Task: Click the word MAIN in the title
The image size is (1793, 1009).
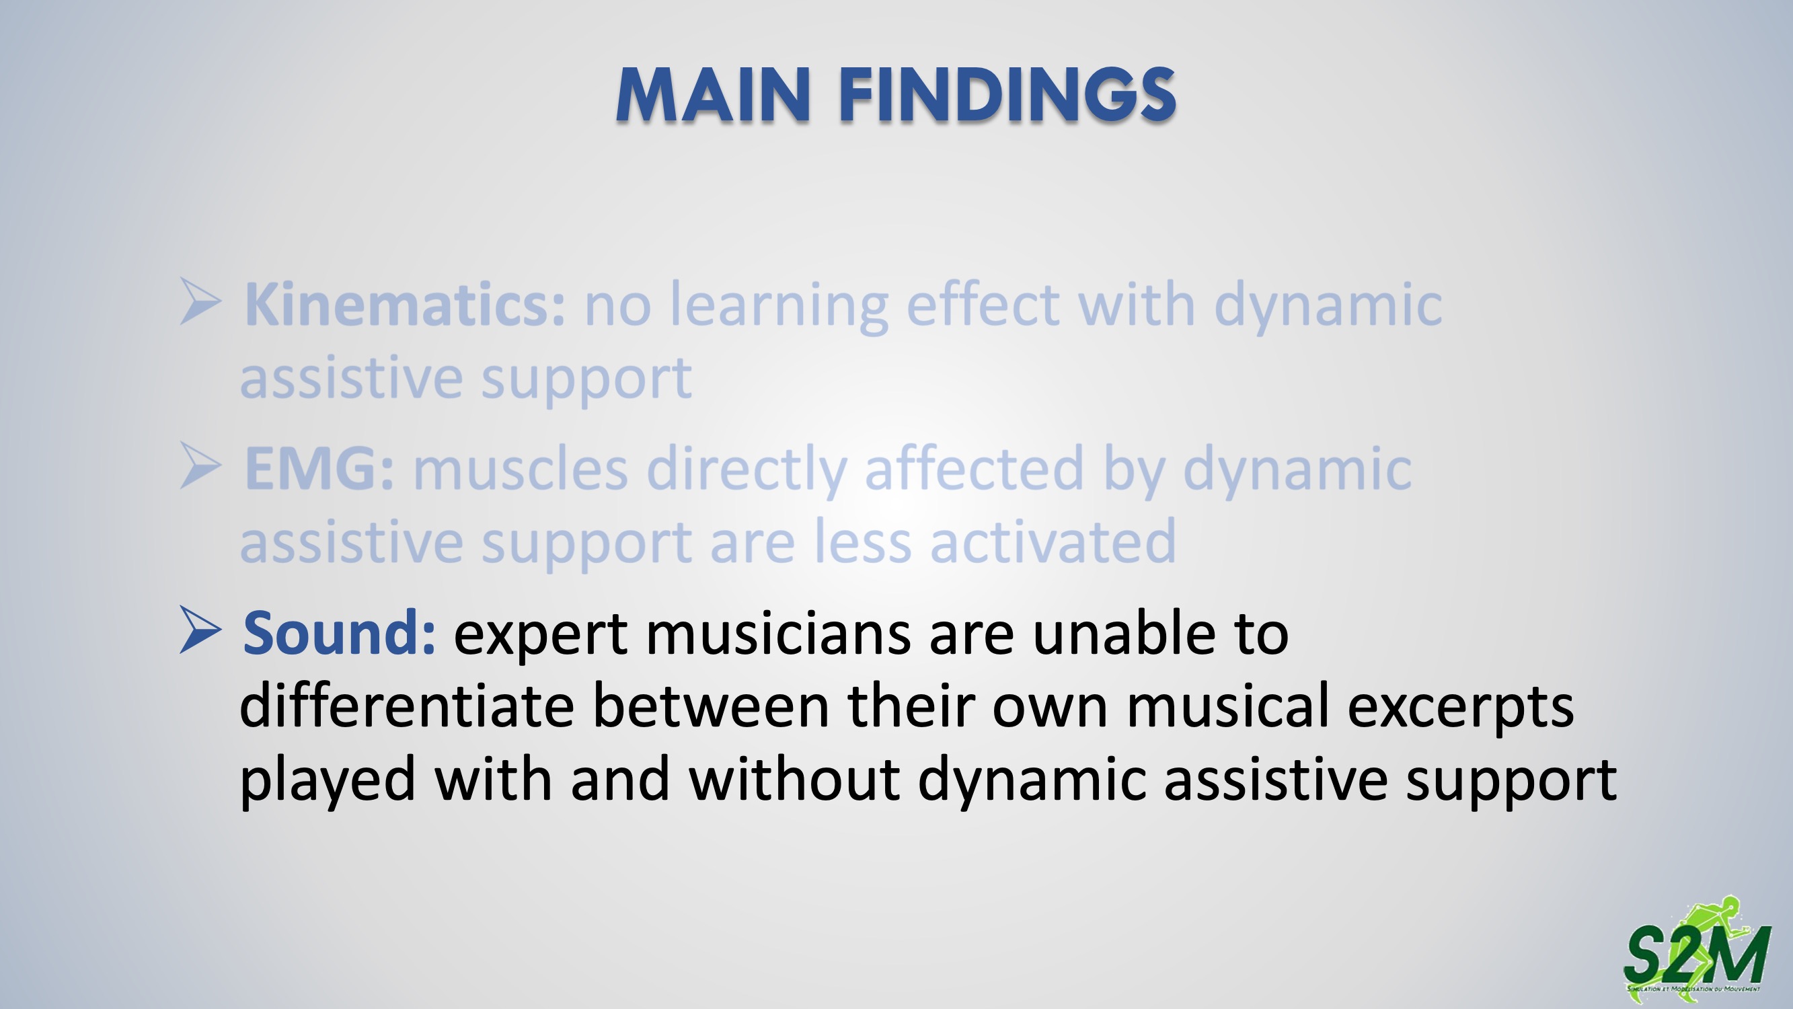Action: pyautogui.click(x=714, y=96)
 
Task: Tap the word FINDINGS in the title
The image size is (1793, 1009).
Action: pyautogui.click(x=1008, y=96)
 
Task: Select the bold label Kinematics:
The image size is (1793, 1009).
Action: pyautogui.click(x=404, y=304)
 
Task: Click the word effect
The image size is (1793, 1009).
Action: pyautogui.click(x=983, y=304)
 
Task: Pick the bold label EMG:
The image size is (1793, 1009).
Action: pyautogui.click(x=319, y=469)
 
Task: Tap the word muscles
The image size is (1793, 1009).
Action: pyautogui.click(x=521, y=469)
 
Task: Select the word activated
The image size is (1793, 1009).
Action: pyautogui.click(x=1053, y=541)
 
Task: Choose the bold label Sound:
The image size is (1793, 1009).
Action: pyautogui.click(x=339, y=632)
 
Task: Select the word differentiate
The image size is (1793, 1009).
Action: pyautogui.click(x=407, y=706)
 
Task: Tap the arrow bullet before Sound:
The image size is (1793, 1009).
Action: pyautogui.click(x=200, y=630)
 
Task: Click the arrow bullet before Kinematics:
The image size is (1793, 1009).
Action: pyautogui.click(x=200, y=301)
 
